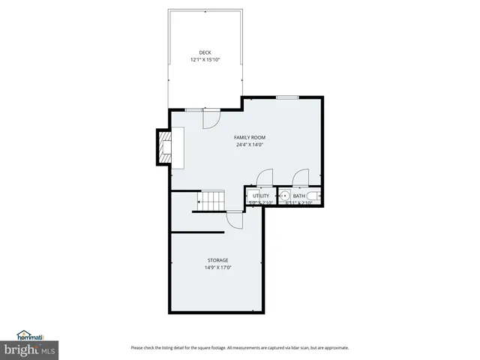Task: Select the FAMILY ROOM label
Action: pyautogui.click(x=249, y=137)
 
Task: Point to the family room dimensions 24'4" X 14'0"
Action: pyautogui.click(x=249, y=145)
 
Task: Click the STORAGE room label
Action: pyautogui.click(x=218, y=260)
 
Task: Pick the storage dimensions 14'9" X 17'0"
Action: pyautogui.click(x=218, y=268)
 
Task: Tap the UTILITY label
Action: pyautogui.click(x=260, y=196)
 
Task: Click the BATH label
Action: pyautogui.click(x=299, y=196)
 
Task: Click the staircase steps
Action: pyautogui.click(x=211, y=201)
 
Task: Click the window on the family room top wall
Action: pyautogui.click(x=286, y=97)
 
